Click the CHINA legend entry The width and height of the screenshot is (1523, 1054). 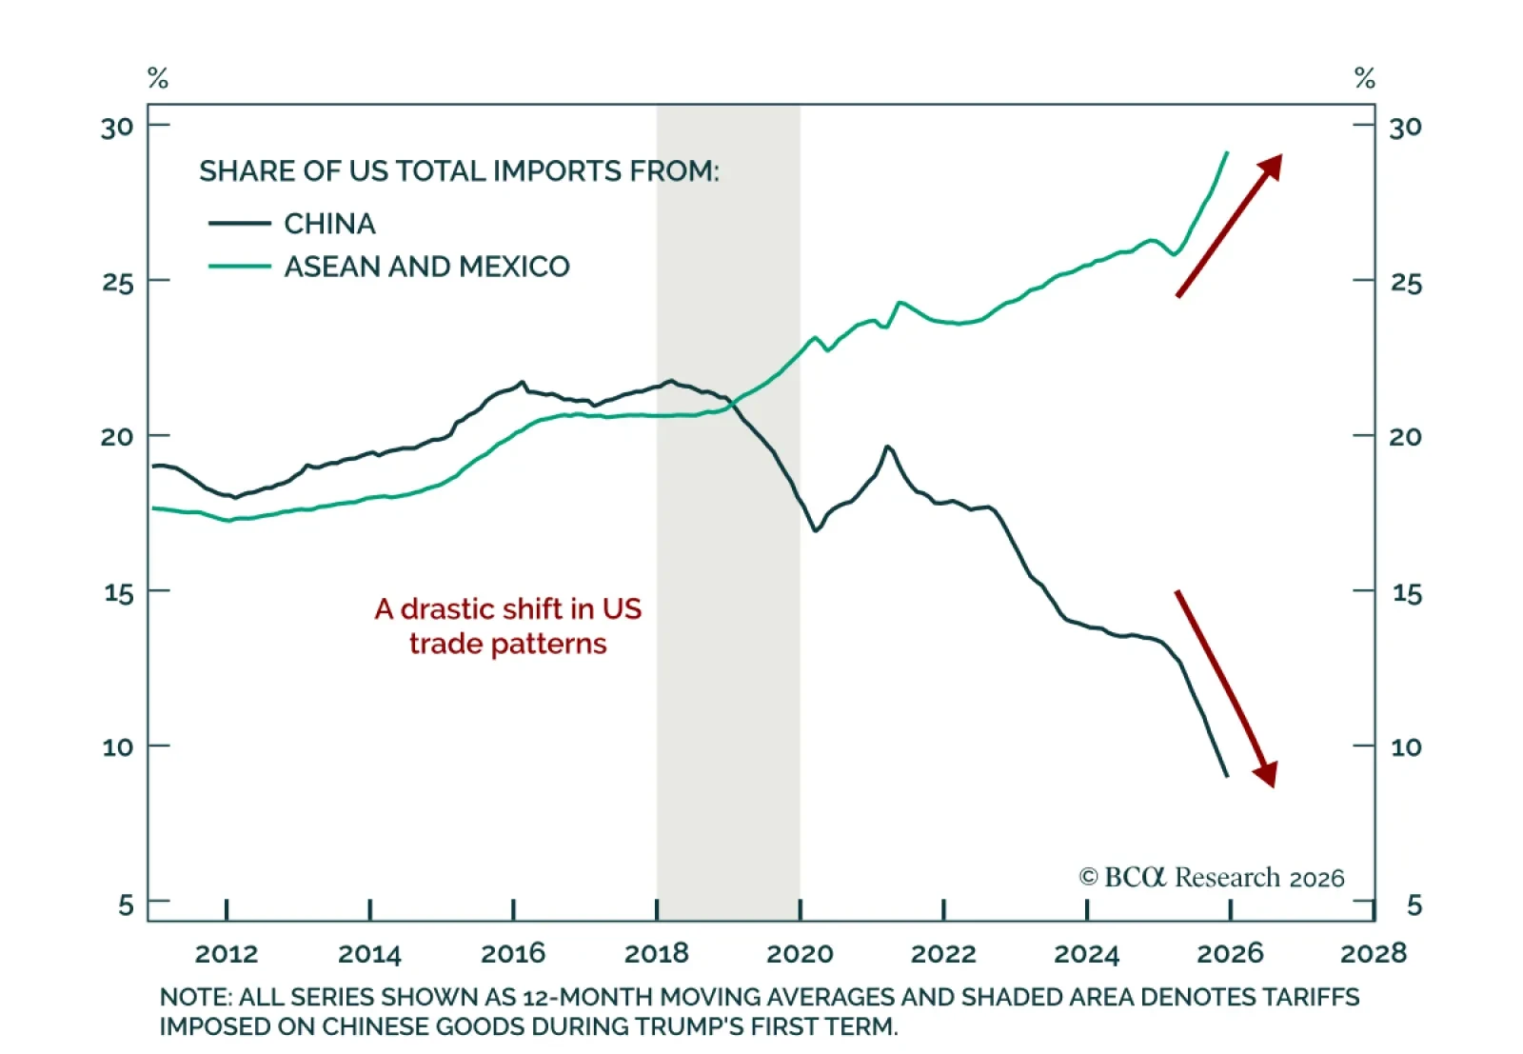329,224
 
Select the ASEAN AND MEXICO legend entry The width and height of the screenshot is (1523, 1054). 426,267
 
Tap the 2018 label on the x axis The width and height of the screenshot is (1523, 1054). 656,953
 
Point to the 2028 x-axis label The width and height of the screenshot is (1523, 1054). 1373,953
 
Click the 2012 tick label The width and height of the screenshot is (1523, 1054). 227,953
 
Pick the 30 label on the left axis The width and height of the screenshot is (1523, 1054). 118,127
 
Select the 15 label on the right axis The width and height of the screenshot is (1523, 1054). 1407,593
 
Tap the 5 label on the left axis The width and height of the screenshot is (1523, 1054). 126,905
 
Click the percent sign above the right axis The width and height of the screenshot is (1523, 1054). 1365,78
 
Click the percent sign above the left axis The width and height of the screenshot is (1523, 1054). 158,78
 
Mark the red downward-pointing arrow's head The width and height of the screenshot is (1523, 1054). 1266,775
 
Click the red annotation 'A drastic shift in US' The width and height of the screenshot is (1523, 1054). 508,609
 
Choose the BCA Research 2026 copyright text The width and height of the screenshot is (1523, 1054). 1211,877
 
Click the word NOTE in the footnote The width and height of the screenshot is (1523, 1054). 194,997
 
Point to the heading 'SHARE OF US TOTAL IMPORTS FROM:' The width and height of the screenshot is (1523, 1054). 459,171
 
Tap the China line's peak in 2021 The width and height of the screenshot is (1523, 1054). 887,446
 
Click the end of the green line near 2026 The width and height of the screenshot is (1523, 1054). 1227,152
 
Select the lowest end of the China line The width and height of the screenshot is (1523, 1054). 1227,776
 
